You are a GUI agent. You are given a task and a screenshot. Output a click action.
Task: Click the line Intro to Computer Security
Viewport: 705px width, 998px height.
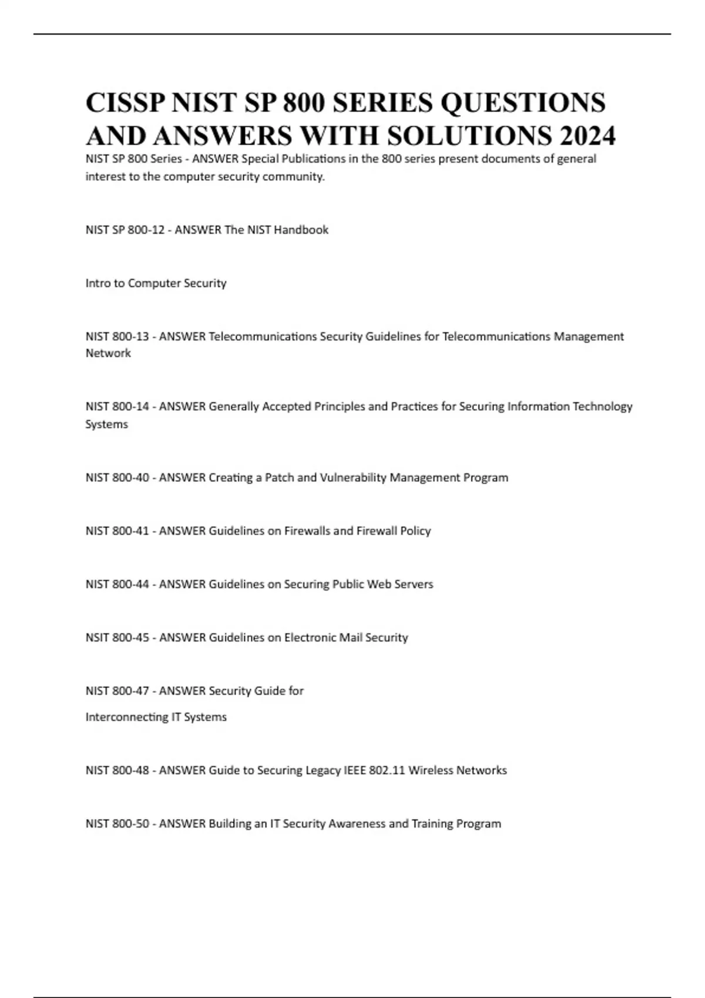coord(156,284)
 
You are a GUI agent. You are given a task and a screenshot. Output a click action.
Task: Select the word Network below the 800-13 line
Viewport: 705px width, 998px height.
coord(108,353)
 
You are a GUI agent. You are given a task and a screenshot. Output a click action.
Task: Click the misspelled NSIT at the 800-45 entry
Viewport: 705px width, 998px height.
coord(97,638)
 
